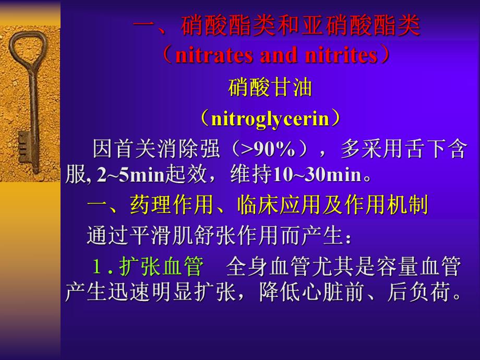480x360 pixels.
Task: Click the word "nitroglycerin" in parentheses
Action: (271, 119)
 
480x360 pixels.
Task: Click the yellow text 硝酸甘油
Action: (270, 88)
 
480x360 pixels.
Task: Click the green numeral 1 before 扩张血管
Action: (97, 267)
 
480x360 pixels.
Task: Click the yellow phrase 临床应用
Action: (279, 206)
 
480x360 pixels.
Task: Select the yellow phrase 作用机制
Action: (386, 206)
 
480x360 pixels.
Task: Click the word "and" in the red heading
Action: (278, 55)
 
